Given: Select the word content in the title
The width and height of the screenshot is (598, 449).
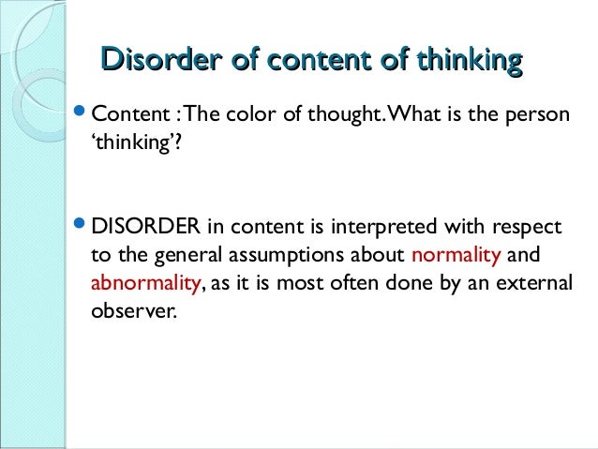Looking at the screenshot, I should (317, 60).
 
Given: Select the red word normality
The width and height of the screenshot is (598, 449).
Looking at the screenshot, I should (456, 255).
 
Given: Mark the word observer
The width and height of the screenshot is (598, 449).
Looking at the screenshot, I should (132, 310).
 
